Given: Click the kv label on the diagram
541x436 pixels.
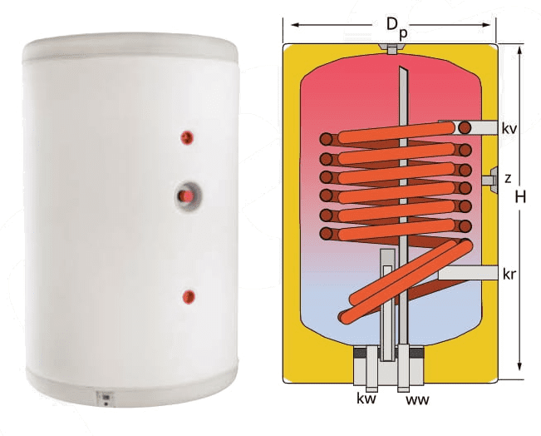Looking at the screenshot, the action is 509,128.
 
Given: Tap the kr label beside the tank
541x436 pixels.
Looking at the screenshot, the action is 509,274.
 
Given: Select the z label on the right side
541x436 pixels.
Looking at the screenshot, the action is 508,179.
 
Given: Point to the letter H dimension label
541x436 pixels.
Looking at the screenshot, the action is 520,197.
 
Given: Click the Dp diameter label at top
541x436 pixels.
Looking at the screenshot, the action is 396,27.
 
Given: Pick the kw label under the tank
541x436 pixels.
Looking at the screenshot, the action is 366,399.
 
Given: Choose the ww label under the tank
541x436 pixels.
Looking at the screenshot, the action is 417,399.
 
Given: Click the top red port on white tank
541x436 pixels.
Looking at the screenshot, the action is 187,138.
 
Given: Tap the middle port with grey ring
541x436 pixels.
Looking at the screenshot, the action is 188,196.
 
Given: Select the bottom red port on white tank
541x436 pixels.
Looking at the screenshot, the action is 189,297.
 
